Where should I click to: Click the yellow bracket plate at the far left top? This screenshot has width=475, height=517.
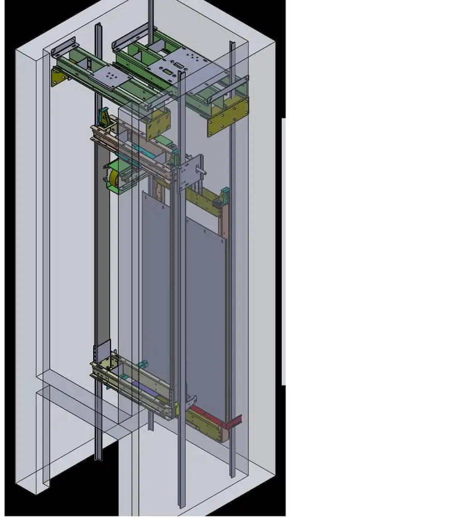(x=58, y=77)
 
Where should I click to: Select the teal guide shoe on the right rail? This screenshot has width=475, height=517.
(x=226, y=196)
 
